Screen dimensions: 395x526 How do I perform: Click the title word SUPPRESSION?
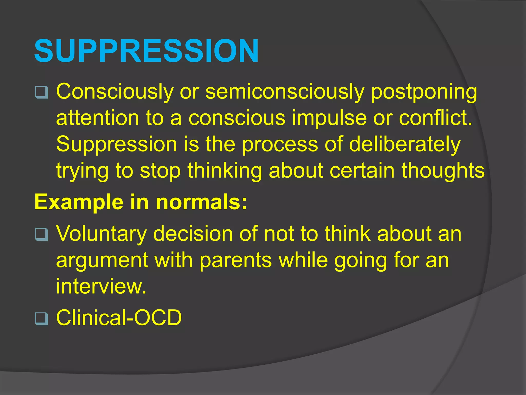[146, 51]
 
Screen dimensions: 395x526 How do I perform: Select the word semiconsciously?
[285, 92]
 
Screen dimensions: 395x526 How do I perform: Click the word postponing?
[424, 92]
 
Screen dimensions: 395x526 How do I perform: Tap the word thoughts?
[443, 171]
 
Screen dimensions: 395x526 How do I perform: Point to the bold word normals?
[202, 202]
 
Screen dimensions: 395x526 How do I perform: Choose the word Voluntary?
[101, 234]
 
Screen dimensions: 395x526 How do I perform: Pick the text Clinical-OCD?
[119, 318]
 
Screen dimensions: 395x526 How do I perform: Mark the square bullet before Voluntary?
[41, 234]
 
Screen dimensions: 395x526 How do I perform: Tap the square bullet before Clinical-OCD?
[41, 319]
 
